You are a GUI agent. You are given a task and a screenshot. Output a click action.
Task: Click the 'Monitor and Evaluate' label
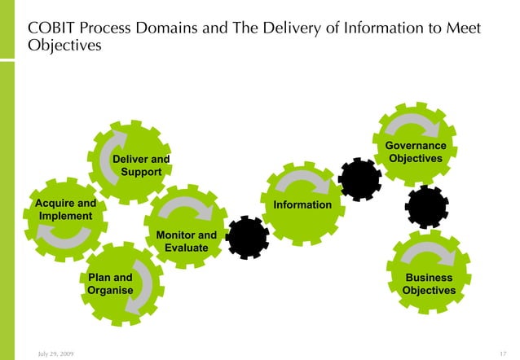coord(187,241)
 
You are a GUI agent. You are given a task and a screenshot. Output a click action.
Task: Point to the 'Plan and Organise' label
coord(110,284)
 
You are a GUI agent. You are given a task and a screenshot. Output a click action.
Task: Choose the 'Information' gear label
coord(302,204)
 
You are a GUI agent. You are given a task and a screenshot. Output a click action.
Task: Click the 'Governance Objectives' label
coord(416,151)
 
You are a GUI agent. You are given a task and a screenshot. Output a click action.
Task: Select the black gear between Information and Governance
coord(359,179)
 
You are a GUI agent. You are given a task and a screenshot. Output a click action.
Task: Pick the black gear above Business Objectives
coord(427,207)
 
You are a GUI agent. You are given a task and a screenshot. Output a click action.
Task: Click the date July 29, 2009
coord(55,352)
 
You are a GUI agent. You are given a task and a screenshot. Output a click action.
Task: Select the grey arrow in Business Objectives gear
coord(430,254)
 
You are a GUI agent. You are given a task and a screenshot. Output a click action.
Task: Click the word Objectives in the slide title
coord(65,46)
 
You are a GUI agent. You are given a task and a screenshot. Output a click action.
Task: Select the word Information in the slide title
coord(380,29)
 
